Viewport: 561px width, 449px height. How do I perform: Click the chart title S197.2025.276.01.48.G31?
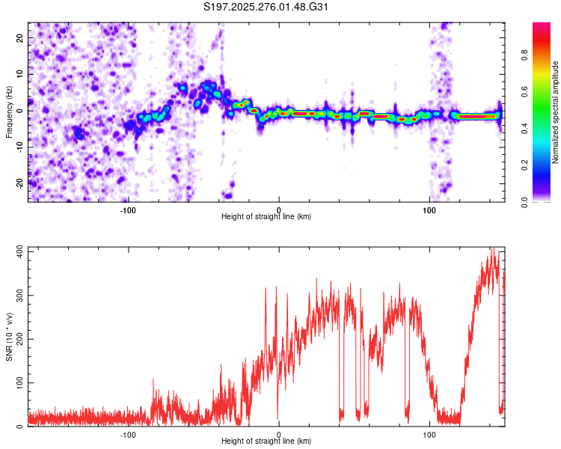tap(266, 7)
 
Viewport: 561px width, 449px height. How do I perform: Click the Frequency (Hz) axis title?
tap(9, 112)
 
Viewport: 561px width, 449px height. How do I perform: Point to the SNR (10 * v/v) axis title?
tap(9, 337)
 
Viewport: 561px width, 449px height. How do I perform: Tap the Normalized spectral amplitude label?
tap(555, 112)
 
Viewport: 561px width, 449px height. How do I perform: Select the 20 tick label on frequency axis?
tap(20, 38)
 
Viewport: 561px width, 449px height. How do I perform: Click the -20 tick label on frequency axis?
tap(20, 183)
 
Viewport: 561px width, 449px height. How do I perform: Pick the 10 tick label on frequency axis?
tap(20, 74)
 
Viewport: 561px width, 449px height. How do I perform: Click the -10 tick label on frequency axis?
tap(20, 147)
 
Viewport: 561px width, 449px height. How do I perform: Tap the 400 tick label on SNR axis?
tap(20, 251)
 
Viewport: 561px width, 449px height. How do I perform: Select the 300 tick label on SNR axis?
tap(20, 296)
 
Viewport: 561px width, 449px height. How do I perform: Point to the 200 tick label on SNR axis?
tap(20, 339)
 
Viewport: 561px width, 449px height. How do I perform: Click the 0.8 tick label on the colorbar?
tap(524, 55)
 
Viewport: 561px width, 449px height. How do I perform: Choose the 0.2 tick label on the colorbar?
tap(524, 165)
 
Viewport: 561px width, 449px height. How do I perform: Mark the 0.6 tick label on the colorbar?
tap(524, 91)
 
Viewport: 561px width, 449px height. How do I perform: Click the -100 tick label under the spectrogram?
tap(128, 210)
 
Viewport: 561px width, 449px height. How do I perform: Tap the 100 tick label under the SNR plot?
tap(429, 435)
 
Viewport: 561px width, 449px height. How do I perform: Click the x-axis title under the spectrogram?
tap(266, 216)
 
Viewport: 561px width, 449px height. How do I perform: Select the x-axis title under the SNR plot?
tap(266, 441)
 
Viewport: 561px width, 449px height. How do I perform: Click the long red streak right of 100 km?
tap(478, 116)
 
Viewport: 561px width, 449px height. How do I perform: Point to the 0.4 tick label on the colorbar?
tap(524, 129)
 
